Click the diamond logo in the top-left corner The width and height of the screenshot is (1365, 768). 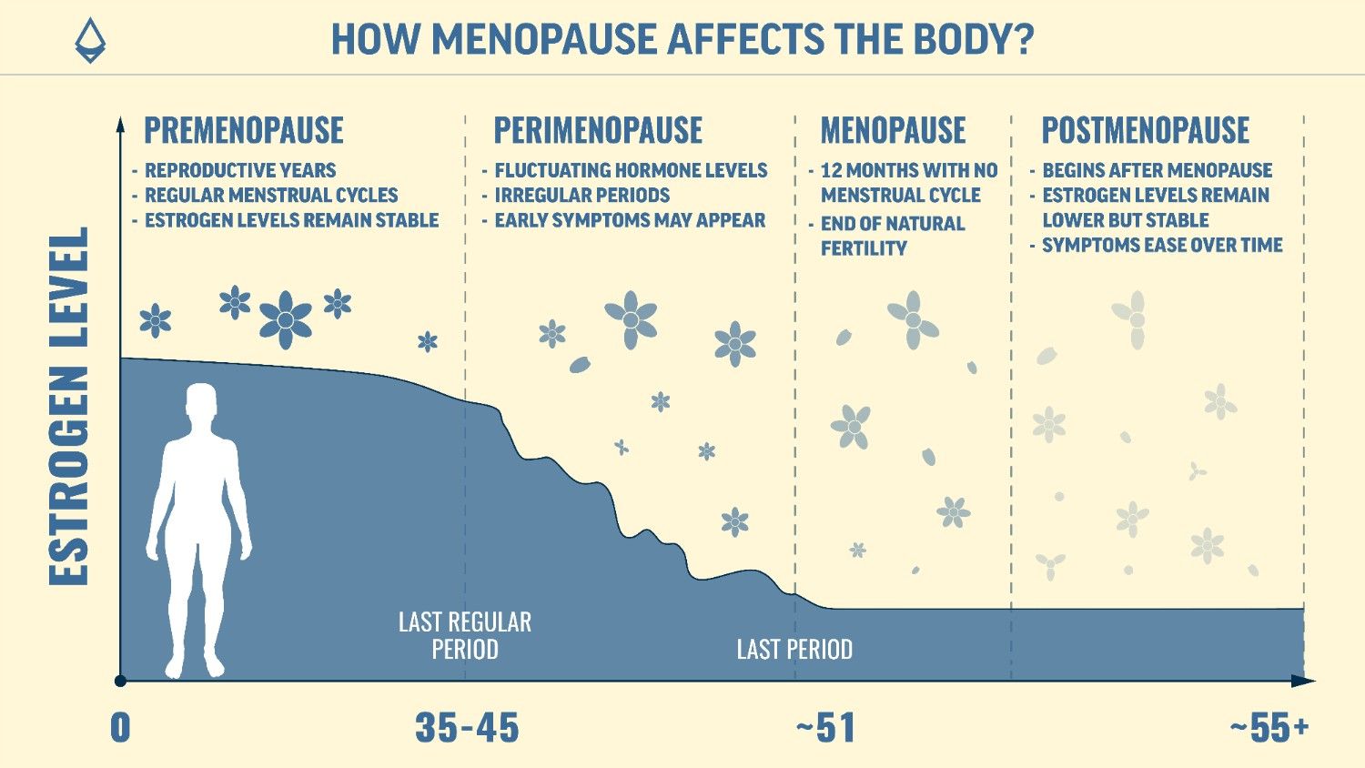(89, 40)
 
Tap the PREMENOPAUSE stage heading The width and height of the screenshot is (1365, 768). (244, 131)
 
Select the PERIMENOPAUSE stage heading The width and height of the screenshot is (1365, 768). (598, 131)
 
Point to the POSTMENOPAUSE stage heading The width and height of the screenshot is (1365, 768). (1145, 131)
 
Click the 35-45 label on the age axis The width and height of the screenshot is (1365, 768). (467, 728)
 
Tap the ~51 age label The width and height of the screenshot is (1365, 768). (825, 728)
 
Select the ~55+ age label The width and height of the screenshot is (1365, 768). (1269, 728)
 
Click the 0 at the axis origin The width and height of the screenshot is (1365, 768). (120, 728)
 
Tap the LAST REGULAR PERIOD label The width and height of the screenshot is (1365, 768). (465, 635)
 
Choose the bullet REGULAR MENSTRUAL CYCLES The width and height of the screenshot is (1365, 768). (271, 195)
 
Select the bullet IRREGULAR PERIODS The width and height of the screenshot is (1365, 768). (581, 195)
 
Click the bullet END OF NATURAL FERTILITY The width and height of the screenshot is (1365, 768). (892, 236)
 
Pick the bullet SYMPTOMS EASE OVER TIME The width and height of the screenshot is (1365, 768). (1162, 245)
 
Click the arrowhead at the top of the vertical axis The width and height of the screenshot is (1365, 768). (120, 122)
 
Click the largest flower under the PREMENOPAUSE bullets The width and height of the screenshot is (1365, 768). (286, 319)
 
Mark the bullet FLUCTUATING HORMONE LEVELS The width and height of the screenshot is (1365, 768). (631, 170)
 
